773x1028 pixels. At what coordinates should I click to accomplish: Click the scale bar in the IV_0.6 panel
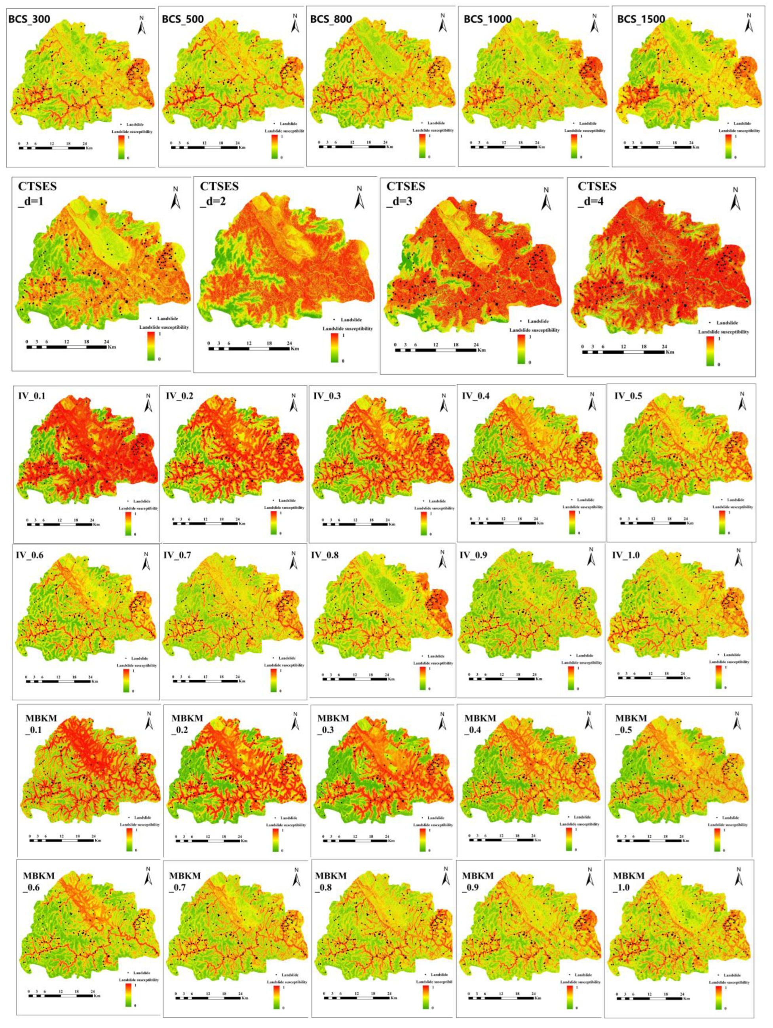pos(59,681)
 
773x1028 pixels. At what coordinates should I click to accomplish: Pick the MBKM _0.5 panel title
pos(631,724)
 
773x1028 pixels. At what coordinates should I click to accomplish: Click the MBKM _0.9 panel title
pos(478,880)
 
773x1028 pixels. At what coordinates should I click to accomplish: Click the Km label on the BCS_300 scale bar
pos(88,149)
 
